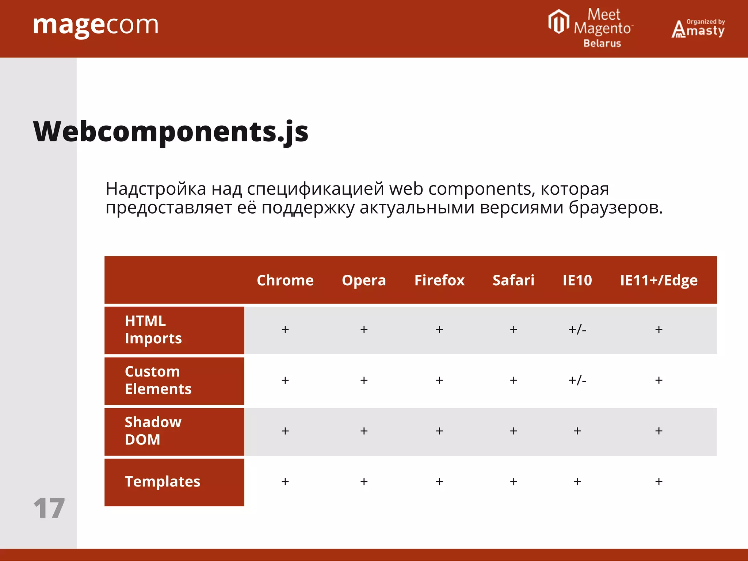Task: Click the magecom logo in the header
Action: (x=96, y=26)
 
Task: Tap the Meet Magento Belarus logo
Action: (x=591, y=28)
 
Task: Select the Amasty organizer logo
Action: (x=698, y=28)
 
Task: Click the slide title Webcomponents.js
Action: (x=171, y=131)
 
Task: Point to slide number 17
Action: (x=49, y=508)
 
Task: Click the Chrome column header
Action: (x=285, y=280)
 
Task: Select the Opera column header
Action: (x=364, y=280)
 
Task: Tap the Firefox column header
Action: (x=439, y=280)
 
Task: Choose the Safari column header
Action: (x=513, y=280)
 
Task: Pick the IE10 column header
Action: (x=577, y=280)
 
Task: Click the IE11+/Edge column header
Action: (x=659, y=280)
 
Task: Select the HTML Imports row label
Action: (x=153, y=329)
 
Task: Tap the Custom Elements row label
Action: (x=158, y=380)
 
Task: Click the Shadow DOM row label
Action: (x=153, y=431)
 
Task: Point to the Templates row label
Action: (x=163, y=482)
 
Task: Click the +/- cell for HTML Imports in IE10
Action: (x=577, y=330)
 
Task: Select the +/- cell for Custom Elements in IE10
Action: (x=577, y=381)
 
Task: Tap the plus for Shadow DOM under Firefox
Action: (x=439, y=431)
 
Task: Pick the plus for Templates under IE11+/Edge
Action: (x=659, y=482)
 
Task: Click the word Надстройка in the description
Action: (x=156, y=189)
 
